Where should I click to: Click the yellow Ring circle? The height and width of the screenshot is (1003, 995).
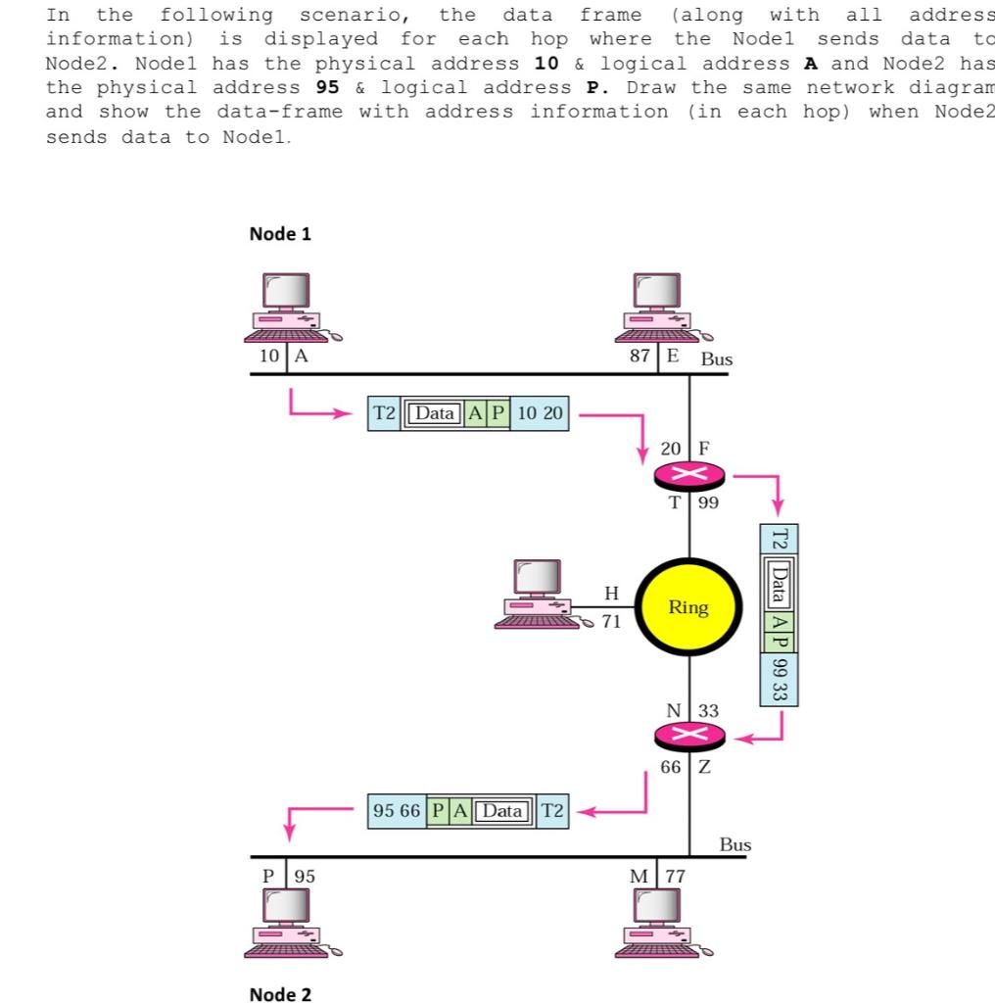tap(688, 607)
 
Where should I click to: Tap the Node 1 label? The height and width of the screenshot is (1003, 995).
tap(280, 234)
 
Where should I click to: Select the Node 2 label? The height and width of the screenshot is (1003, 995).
tap(280, 994)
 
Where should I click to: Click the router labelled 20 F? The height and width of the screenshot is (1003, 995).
tap(689, 477)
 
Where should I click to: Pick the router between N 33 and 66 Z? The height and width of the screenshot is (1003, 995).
tap(689, 738)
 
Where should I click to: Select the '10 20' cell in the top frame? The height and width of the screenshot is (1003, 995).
tap(540, 413)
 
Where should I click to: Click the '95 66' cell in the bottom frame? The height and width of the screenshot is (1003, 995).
tap(398, 810)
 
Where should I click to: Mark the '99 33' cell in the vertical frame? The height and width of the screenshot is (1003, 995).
tap(779, 679)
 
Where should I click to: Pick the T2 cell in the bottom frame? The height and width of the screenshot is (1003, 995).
tap(552, 810)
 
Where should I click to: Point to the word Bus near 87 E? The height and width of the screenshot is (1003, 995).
tap(716, 359)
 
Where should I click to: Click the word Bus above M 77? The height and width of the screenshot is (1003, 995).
tap(734, 843)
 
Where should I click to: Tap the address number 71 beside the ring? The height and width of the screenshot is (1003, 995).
tap(611, 622)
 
